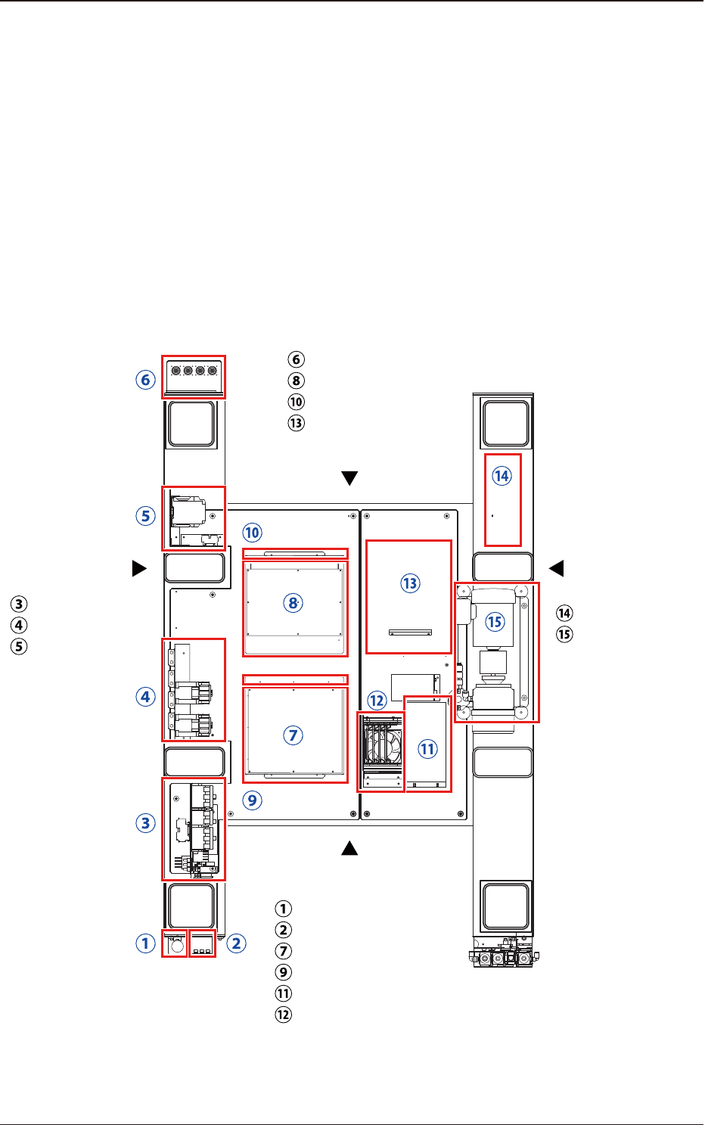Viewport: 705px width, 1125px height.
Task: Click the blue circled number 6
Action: click(x=146, y=380)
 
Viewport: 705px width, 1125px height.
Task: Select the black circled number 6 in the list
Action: click(x=297, y=359)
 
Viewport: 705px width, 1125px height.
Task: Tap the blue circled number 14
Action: click(x=502, y=476)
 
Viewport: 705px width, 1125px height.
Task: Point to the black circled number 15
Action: click(x=564, y=634)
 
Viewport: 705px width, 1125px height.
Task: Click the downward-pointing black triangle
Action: click(x=349, y=478)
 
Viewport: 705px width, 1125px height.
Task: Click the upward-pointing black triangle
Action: click(x=349, y=848)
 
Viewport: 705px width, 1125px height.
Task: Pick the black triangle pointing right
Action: click(x=139, y=568)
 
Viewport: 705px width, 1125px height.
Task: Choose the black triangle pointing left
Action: click(x=557, y=568)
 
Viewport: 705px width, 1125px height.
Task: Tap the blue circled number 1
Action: click(x=146, y=943)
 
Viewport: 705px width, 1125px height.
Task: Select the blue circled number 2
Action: click(x=236, y=943)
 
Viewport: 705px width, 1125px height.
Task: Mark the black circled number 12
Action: click(x=283, y=1015)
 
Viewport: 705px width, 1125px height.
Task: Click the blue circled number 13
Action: click(x=410, y=583)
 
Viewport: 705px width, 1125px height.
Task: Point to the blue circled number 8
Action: click(x=293, y=603)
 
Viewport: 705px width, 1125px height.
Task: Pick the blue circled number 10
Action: click(x=252, y=533)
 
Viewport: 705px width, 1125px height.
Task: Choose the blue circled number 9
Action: click(x=252, y=800)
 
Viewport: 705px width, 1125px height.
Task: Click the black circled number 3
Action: click(x=19, y=604)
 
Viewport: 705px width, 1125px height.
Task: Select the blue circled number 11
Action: click(x=427, y=749)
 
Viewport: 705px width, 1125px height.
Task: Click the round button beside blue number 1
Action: click(x=177, y=946)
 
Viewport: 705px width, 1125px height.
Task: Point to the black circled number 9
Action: click(x=283, y=972)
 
